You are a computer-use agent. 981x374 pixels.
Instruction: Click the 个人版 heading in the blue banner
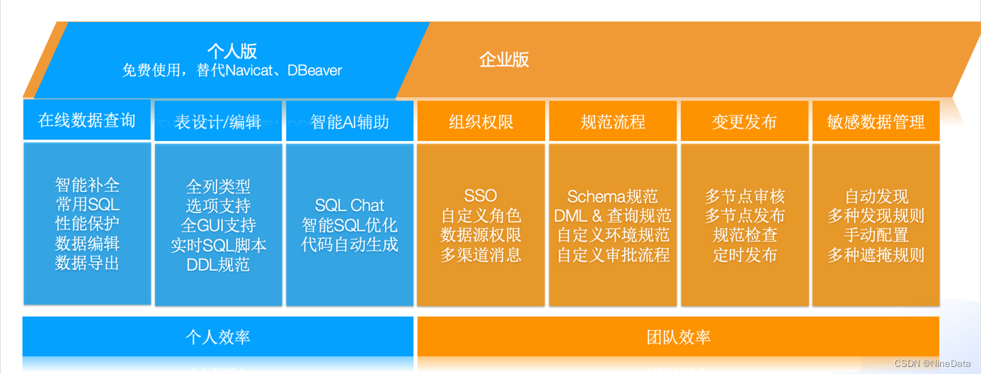231,52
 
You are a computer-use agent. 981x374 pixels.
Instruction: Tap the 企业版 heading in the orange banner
504,59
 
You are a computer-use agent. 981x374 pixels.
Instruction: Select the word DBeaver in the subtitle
315,71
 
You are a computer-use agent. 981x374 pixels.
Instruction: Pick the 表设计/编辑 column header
218,122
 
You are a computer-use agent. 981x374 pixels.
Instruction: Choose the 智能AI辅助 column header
350,122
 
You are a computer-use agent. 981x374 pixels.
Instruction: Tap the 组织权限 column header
481,122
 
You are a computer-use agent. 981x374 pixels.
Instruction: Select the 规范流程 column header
613,122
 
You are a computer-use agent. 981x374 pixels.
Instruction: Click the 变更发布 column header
745,122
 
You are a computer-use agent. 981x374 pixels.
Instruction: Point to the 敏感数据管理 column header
876,122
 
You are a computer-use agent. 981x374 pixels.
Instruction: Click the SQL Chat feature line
350,205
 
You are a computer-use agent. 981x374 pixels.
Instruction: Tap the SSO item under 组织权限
481,196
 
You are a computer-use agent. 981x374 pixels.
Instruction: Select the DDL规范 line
218,266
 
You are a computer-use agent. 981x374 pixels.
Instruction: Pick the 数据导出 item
87,263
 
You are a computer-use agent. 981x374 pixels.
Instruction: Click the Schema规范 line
613,196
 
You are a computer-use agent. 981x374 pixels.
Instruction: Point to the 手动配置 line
876,235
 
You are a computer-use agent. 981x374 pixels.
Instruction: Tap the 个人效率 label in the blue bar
217,336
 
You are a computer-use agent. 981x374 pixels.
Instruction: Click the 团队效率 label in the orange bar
678,337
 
